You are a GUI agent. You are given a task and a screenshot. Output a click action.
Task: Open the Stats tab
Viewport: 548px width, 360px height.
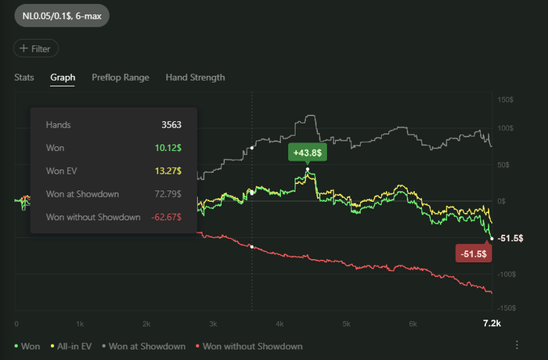(23, 77)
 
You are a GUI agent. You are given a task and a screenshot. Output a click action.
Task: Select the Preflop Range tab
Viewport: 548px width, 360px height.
(120, 77)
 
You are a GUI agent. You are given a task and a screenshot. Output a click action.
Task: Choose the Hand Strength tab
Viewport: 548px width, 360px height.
(195, 77)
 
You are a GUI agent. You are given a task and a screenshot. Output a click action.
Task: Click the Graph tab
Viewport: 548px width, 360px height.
(63, 77)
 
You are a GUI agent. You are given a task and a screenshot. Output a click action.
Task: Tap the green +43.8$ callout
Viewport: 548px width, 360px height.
(307, 153)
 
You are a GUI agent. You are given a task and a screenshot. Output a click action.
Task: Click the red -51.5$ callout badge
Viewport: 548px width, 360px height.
(474, 254)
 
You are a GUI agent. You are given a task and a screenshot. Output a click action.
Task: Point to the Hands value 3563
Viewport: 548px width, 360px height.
(171, 125)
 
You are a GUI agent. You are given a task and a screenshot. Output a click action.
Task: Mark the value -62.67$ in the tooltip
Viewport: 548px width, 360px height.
(166, 217)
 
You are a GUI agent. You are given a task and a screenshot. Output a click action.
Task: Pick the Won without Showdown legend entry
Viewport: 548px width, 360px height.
(251, 346)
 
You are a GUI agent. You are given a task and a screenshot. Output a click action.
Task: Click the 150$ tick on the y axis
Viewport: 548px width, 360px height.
(505, 100)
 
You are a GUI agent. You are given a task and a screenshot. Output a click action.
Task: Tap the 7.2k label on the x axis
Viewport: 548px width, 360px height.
(491, 323)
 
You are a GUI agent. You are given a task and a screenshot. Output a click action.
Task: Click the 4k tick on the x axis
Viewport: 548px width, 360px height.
(279, 323)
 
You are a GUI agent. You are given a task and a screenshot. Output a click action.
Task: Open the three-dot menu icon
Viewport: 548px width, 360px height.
(517, 345)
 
